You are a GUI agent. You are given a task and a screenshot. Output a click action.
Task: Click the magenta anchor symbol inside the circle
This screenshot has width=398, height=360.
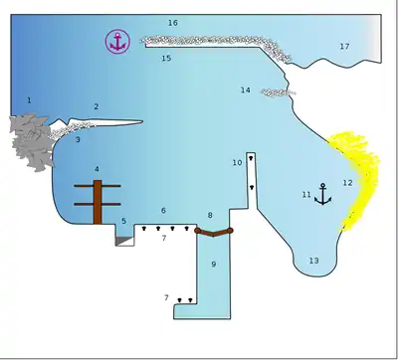(x=117, y=42)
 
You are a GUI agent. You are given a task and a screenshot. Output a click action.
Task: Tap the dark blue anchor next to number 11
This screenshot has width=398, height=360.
(x=322, y=194)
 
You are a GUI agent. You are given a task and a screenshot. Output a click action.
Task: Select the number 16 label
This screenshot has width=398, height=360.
(x=173, y=23)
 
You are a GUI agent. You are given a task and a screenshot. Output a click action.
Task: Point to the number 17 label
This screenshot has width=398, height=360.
(x=344, y=47)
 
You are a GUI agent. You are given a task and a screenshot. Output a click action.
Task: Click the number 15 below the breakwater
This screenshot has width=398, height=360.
(x=166, y=58)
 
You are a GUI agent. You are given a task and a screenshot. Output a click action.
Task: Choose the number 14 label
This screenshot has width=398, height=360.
(x=246, y=90)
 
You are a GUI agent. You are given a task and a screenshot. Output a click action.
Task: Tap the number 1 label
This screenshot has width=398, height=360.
(x=29, y=99)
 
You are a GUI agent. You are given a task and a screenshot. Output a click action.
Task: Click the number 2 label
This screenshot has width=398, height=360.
(x=97, y=106)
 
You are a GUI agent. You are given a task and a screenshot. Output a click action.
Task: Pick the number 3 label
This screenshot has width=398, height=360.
(x=78, y=139)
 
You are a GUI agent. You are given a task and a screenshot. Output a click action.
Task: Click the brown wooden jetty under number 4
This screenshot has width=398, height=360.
(x=98, y=202)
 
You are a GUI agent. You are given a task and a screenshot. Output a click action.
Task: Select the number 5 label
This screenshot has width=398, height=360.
(x=123, y=221)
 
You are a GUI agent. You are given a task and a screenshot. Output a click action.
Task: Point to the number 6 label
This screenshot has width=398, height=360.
(x=163, y=211)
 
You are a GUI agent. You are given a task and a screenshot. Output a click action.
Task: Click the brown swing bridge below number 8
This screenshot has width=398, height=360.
(x=213, y=233)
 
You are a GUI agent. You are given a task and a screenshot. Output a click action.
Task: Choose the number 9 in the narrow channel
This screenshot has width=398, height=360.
(x=214, y=265)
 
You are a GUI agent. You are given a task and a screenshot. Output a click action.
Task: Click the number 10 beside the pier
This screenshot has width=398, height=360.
(x=237, y=163)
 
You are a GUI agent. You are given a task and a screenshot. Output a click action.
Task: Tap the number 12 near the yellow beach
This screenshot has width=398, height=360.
(x=347, y=183)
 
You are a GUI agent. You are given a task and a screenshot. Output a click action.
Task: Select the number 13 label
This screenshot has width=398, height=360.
(x=313, y=261)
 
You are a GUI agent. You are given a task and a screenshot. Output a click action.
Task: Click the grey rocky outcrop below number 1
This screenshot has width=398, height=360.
(x=31, y=142)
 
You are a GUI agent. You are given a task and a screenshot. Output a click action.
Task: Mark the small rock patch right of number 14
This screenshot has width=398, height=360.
(x=278, y=92)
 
